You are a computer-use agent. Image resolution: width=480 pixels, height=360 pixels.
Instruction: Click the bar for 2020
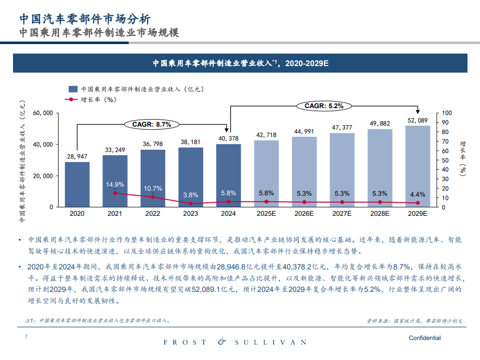tap(77, 184)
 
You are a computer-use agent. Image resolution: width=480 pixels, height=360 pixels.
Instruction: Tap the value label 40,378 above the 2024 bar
tap(228, 138)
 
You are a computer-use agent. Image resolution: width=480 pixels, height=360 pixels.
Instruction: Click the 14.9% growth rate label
tap(115, 184)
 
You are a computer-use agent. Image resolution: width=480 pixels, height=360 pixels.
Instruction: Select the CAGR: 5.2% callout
tap(324, 106)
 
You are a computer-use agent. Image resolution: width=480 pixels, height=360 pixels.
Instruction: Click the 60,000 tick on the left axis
tap(43, 113)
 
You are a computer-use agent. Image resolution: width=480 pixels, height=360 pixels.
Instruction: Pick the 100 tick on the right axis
tap(447, 113)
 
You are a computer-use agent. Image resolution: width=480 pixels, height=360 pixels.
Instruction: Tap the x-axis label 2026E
tap(304, 214)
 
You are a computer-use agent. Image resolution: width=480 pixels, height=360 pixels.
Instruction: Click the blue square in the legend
tap(73, 89)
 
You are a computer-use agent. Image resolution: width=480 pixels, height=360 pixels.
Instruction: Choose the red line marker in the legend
tap(72, 99)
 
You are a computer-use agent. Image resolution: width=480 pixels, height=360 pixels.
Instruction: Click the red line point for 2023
tap(191, 203)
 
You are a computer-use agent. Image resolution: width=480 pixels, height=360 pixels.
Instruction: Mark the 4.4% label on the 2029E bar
tap(417, 194)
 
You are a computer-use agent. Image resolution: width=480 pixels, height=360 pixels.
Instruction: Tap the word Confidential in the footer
tap(424, 338)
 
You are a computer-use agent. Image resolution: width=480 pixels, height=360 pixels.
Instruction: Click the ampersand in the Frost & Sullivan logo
tap(222, 342)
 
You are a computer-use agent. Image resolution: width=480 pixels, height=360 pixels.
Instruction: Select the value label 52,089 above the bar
tap(417, 120)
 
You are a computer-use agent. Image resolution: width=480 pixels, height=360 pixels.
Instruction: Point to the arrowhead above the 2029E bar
tap(417, 111)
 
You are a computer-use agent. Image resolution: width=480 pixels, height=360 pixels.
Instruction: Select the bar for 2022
tap(153, 178)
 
